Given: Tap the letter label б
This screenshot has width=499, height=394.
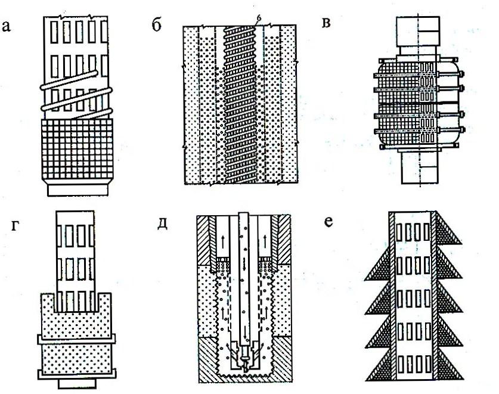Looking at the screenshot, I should (157, 26).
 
